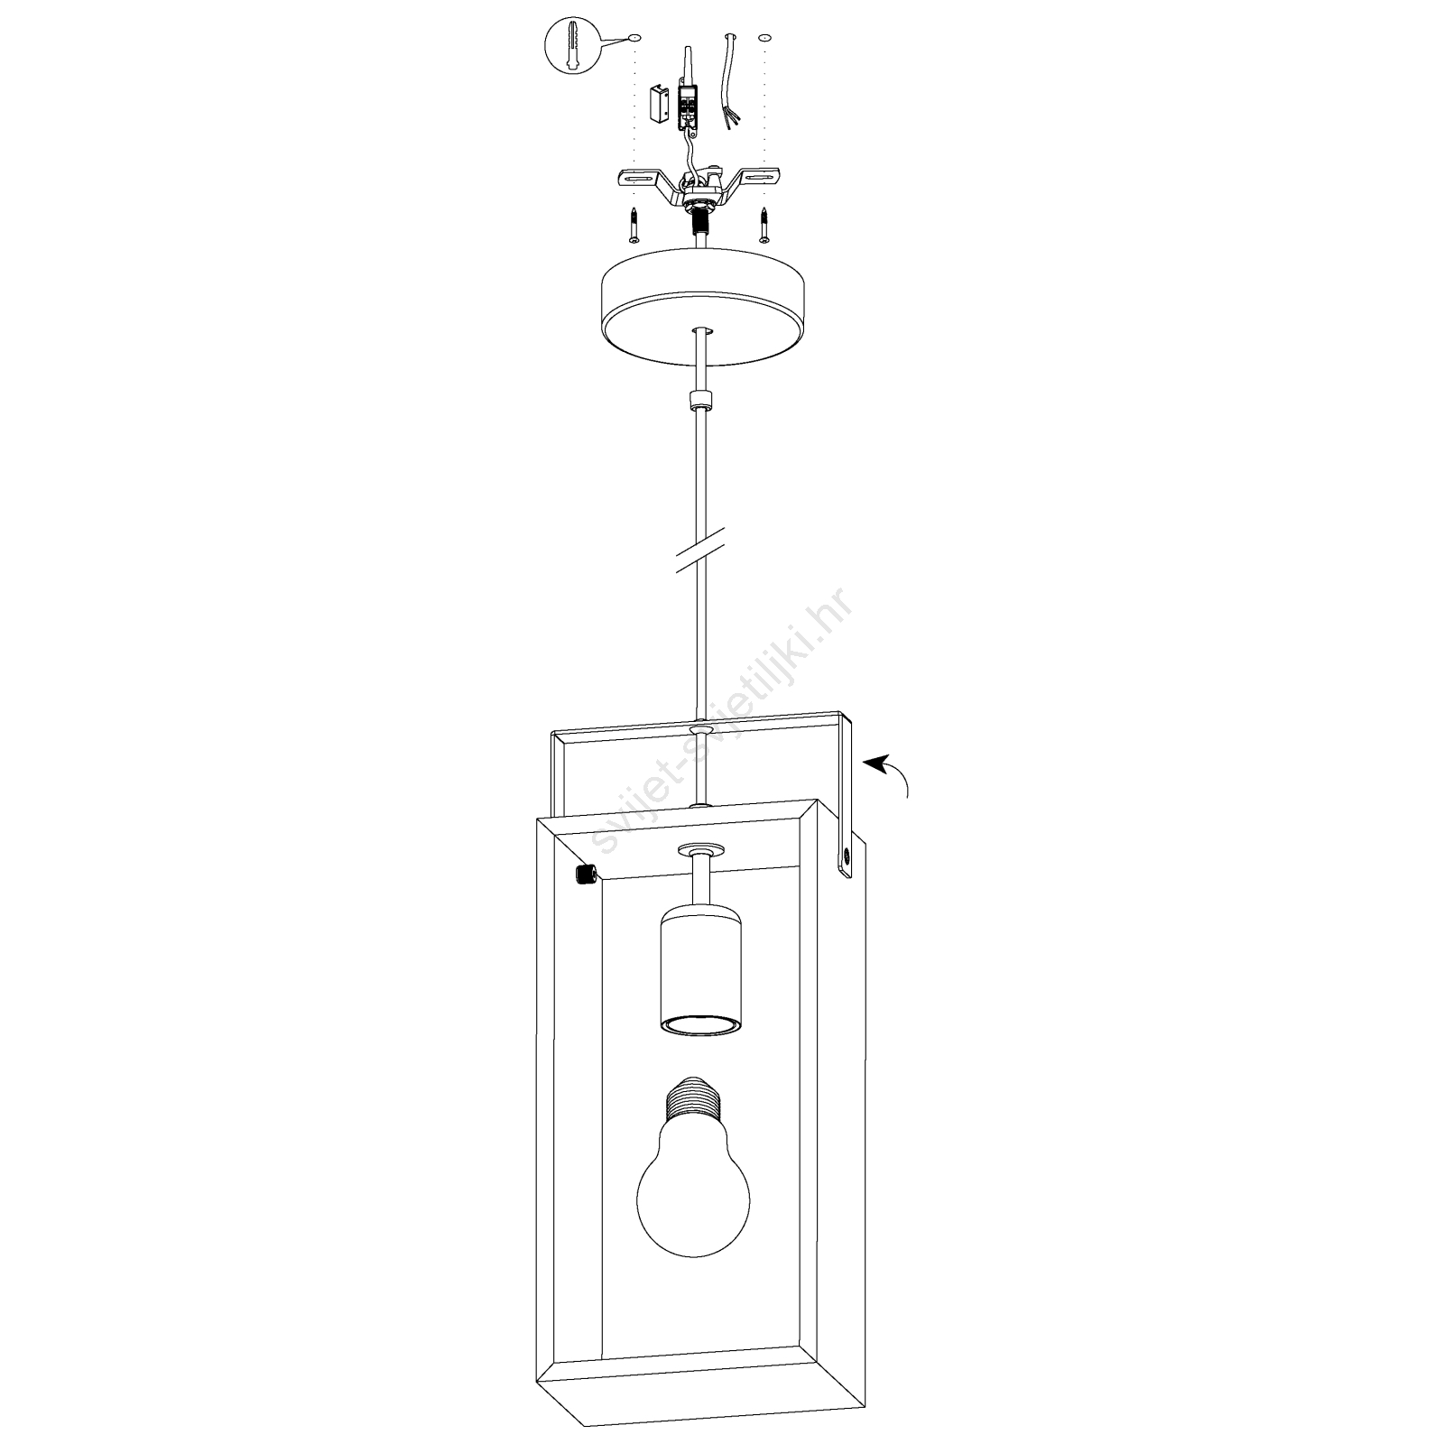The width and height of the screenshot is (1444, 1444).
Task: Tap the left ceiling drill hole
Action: [634, 38]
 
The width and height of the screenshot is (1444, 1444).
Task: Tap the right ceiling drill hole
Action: [765, 38]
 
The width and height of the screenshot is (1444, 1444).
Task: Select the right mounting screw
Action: [765, 225]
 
